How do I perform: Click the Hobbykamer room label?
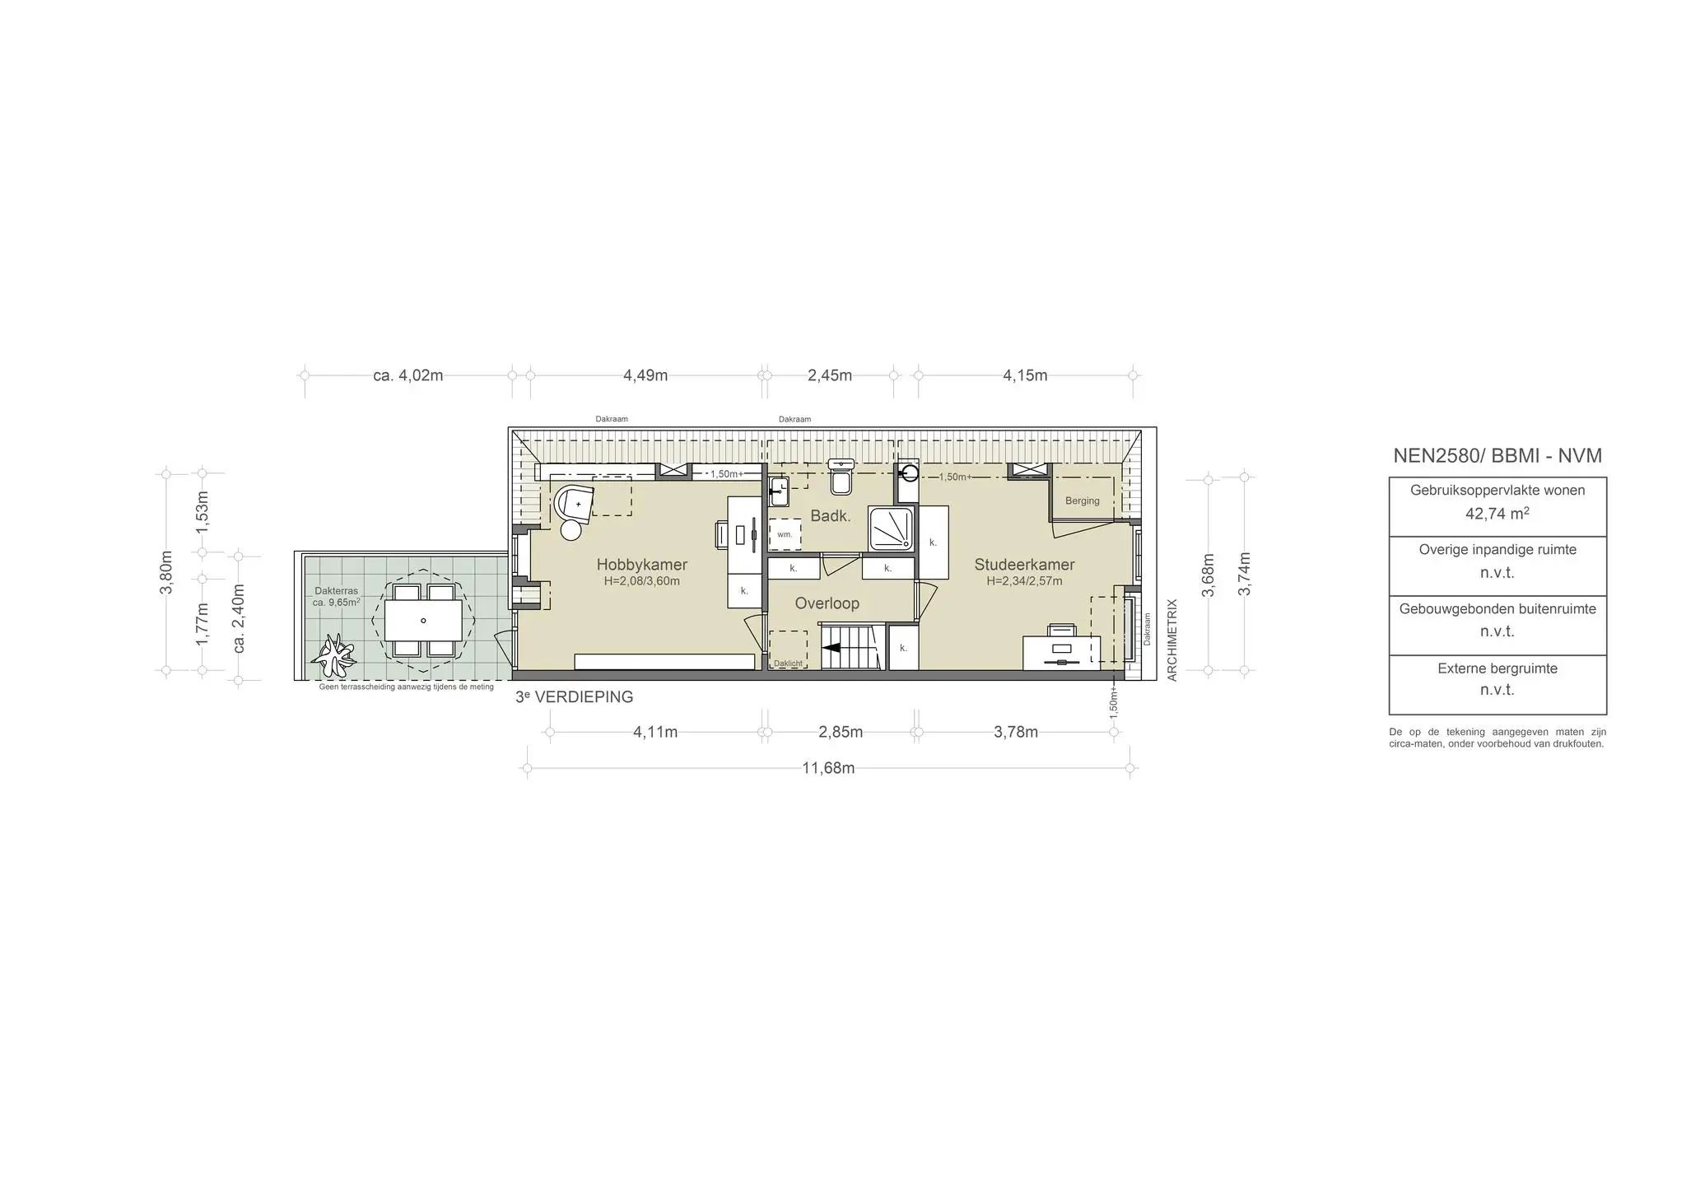click(x=641, y=565)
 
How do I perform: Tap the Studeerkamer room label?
click(x=1024, y=565)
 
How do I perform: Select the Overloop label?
click(x=827, y=603)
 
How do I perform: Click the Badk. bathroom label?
click(x=830, y=516)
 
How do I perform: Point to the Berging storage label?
click(x=1082, y=501)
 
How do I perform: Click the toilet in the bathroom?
click(x=841, y=476)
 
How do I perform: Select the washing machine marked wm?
click(x=785, y=534)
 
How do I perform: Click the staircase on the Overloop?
click(x=851, y=647)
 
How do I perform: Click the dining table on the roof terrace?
click(x=423, y=620)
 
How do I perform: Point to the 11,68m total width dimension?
click(x=828, y=768)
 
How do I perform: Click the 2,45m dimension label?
click(x=830, y=375)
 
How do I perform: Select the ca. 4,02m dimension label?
click(x=408, y=375)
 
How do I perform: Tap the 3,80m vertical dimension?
click(x=166, y=571)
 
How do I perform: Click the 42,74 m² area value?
click(x=1497, y=513)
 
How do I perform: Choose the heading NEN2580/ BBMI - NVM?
click(x=1497, y=455)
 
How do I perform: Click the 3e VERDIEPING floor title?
click(x=574, y=696)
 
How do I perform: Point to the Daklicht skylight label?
click(x=788, y=664)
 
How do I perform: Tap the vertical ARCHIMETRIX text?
click(x=1173, y=640)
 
